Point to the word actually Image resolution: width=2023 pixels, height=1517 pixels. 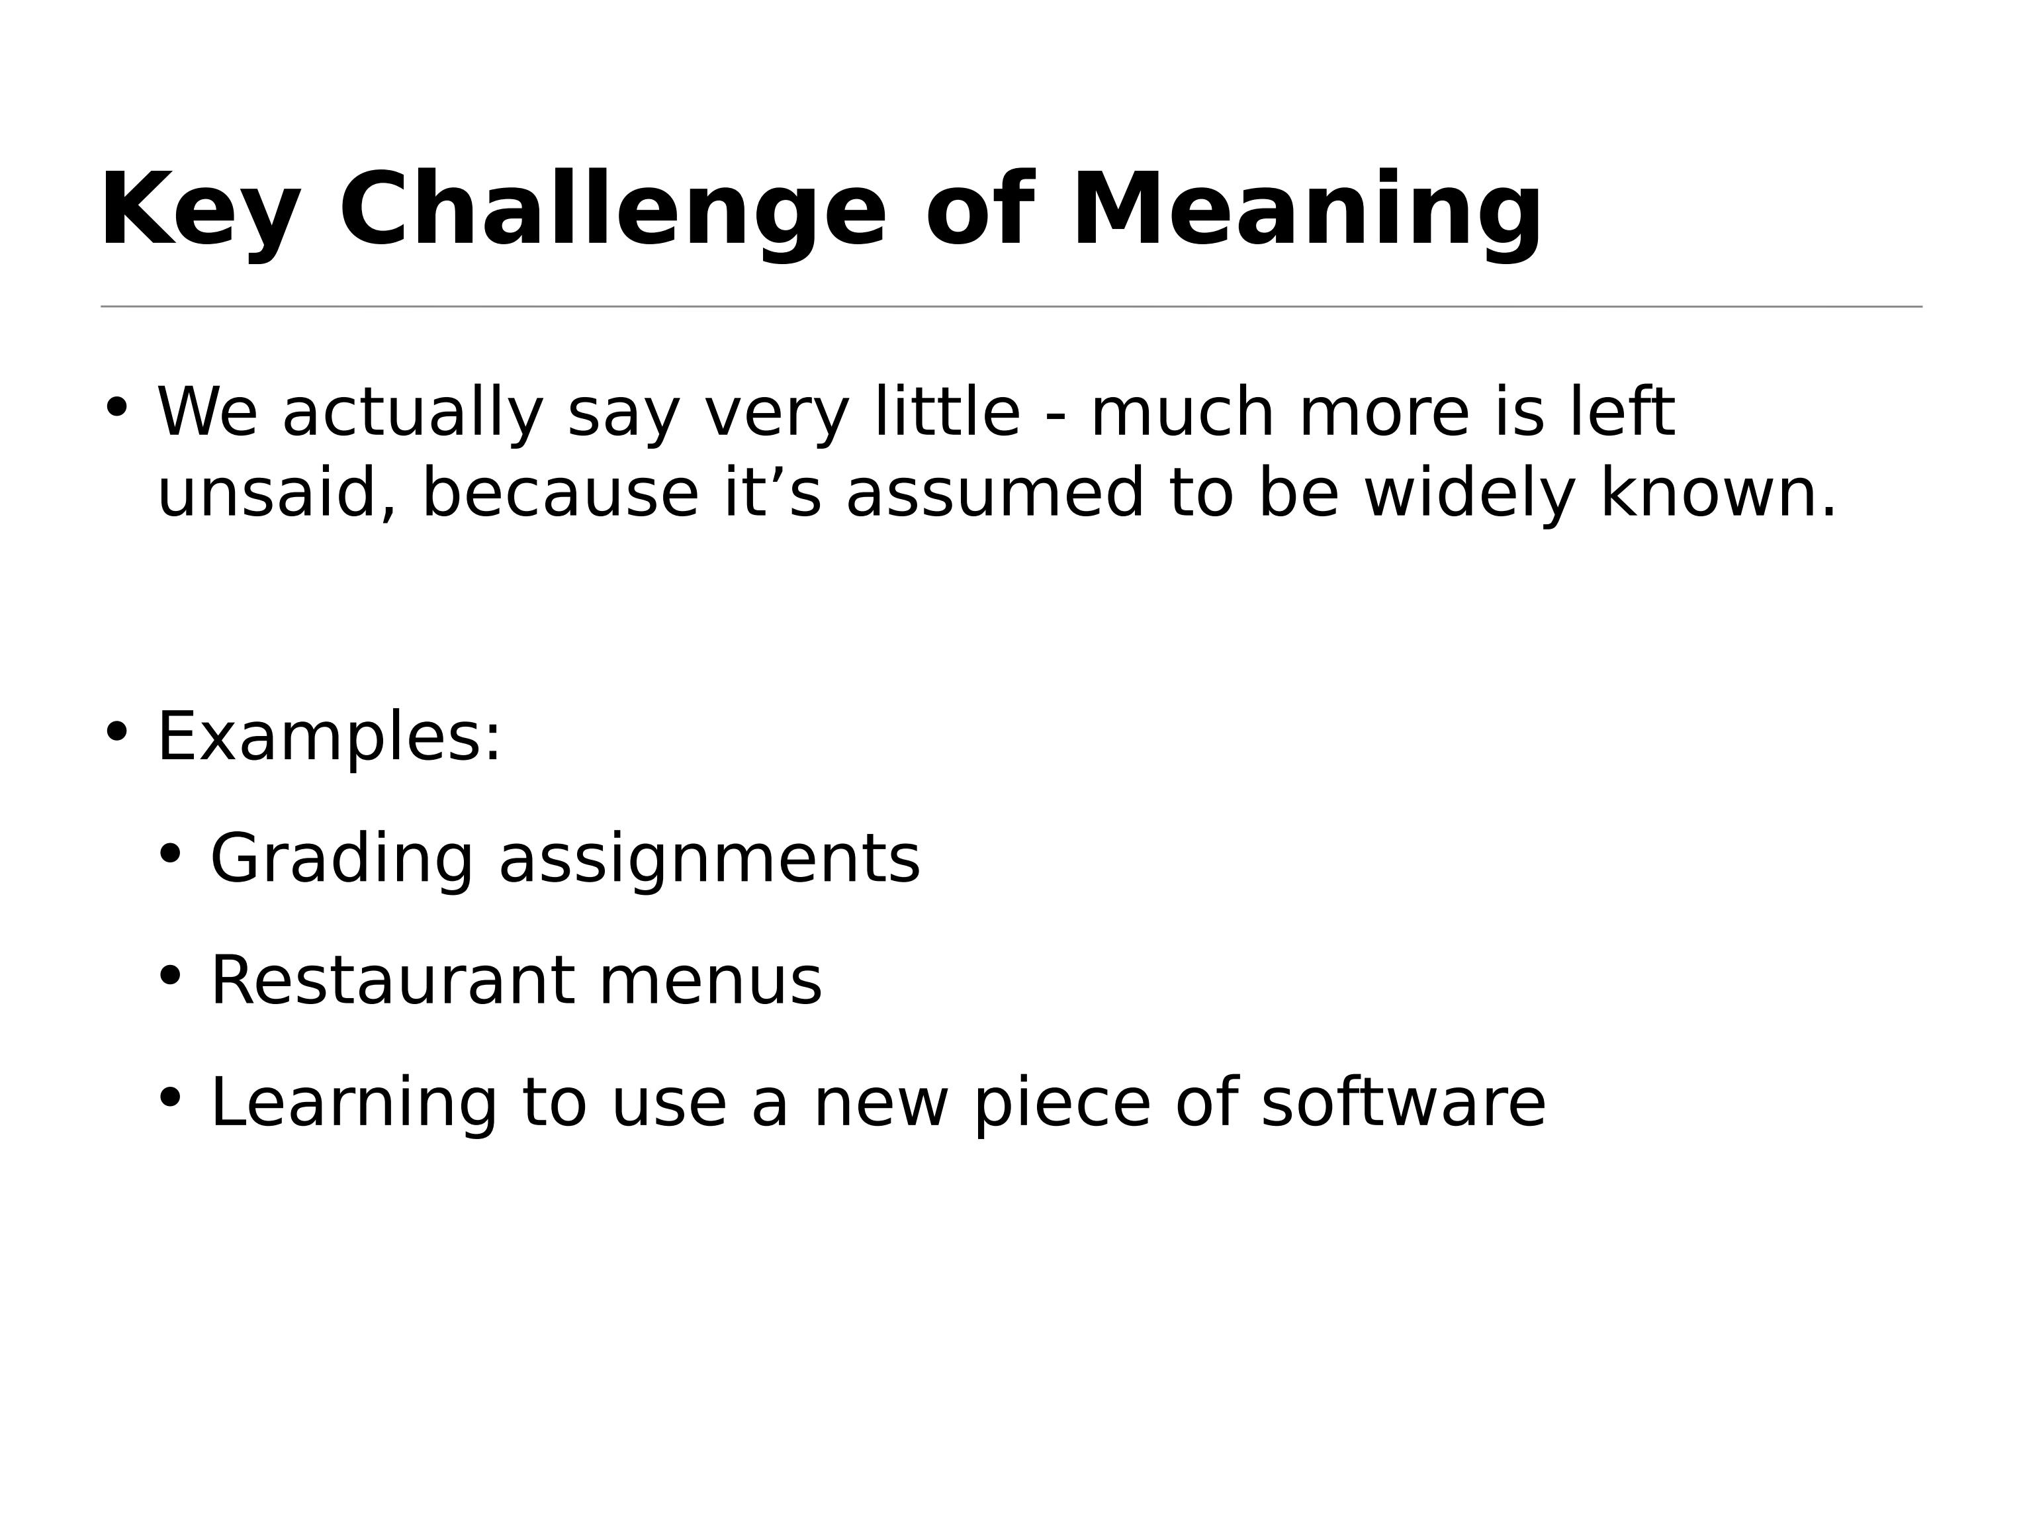[x=412, y=414]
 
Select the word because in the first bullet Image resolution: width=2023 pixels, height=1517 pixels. [x=560, y=494]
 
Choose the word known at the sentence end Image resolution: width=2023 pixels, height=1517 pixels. [x=1717, y=494]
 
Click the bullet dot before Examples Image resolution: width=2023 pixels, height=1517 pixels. [x=116, y=731]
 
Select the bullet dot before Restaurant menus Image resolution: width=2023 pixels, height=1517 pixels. [x=170, y=976]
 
